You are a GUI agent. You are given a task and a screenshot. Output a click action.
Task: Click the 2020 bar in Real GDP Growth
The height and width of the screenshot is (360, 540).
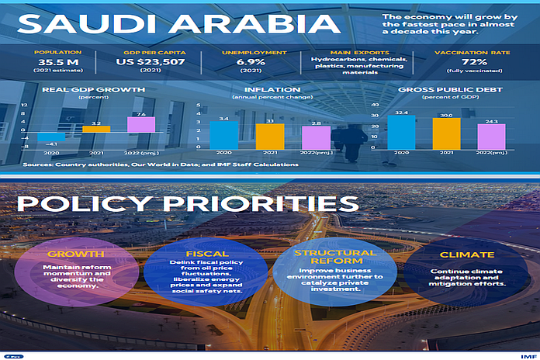(x=52, y=138)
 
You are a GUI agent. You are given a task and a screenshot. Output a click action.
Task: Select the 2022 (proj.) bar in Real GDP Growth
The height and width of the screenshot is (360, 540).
(x=140, y=125)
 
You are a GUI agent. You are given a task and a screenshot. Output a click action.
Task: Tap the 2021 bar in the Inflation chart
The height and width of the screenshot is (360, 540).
(x=269, y=136)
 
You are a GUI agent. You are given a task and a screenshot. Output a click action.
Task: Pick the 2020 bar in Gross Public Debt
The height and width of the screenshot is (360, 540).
(x=401, y=132)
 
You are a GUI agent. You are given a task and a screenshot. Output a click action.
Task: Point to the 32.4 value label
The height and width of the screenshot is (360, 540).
(x=401, y=112)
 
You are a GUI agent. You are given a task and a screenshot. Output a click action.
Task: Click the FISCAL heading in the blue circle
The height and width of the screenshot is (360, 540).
(x=207, y=254)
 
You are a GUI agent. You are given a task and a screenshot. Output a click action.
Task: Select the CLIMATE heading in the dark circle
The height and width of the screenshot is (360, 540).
(x=466, y=254)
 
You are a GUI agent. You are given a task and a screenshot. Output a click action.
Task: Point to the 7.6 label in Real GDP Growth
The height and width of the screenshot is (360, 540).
(x=140, y=114)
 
